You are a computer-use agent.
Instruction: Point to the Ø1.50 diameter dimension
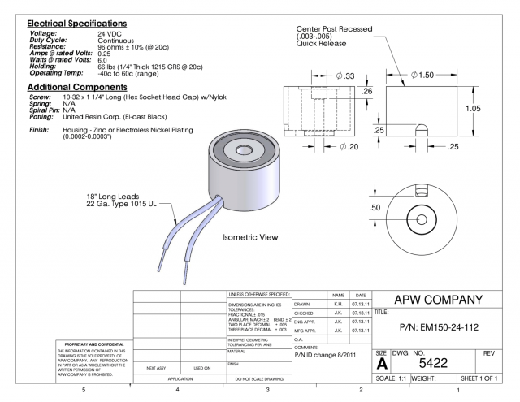pos(422,75)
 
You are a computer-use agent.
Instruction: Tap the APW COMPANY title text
pos(444,298)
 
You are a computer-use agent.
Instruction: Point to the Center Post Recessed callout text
pos(335,29)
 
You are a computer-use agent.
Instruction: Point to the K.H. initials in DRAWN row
pos(336,304)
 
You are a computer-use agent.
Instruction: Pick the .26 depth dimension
pos(366,91)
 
